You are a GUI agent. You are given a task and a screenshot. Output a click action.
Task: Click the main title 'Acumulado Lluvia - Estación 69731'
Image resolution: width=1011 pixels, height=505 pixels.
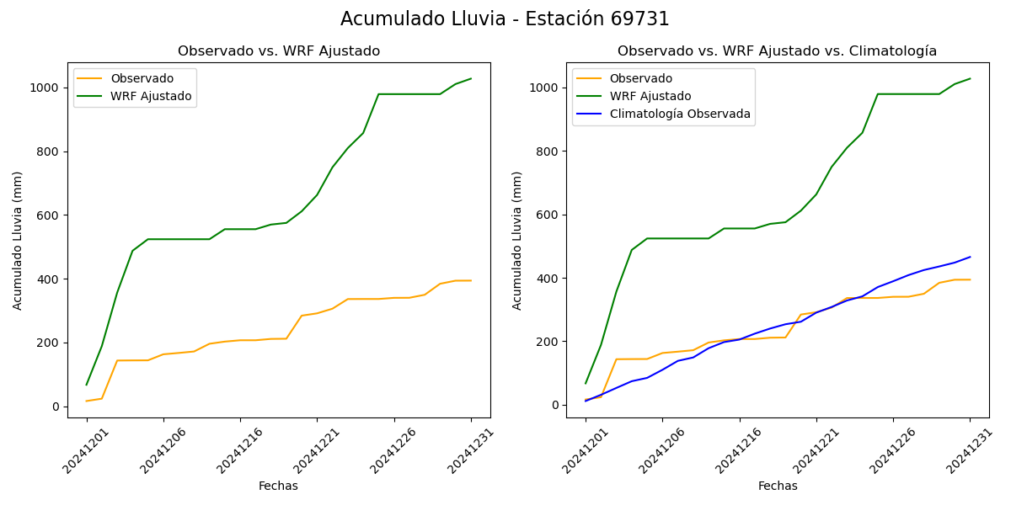point(505,19)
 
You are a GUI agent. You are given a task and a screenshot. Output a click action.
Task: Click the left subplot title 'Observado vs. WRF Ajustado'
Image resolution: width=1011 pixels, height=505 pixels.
point(279,51)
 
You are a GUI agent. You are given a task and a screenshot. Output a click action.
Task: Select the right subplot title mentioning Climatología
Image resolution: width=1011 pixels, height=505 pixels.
point(777,51)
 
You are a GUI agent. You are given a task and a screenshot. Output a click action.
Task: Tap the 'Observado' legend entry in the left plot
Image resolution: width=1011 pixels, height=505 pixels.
point(142,78)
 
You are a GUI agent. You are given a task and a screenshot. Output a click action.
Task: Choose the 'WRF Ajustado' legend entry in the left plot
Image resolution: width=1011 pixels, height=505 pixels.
point(151,97)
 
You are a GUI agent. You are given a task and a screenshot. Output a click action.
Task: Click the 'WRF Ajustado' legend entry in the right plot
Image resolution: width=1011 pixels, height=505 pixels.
point(661,96)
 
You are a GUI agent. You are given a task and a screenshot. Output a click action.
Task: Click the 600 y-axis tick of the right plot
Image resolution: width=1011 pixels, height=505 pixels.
point(548,215)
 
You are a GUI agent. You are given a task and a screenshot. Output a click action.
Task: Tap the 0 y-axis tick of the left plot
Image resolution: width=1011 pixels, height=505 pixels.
point(55,407)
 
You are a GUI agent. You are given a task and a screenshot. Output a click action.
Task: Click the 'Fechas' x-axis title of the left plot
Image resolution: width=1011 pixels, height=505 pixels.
point(278,486)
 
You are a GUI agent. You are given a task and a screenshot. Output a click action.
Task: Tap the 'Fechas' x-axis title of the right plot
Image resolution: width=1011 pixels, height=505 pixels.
point(778,486)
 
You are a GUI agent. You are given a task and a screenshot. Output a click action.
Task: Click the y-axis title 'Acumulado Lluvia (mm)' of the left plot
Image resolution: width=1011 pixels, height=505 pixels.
point(18,240)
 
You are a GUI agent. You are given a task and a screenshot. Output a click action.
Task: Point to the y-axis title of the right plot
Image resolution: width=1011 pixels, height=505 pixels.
point(517,240)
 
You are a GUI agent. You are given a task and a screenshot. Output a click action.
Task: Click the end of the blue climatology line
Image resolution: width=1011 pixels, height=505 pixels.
point(970,257)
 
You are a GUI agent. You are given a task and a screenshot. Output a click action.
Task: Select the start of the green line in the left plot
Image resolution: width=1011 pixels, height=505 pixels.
point(87,385)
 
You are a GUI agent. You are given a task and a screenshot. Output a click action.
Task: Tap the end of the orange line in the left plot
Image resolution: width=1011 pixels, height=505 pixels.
point(471,280)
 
